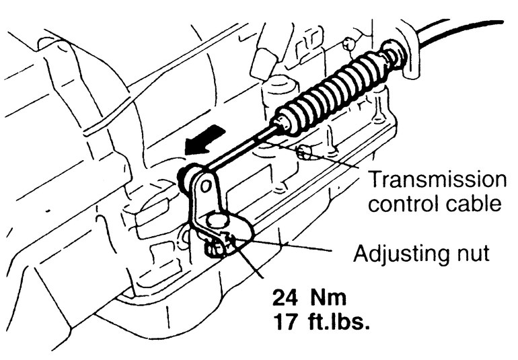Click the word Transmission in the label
point(437,180)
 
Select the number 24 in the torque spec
point(285,297)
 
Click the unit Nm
point(328,297)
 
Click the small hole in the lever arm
point(205,186)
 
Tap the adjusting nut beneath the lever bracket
point(217,247)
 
